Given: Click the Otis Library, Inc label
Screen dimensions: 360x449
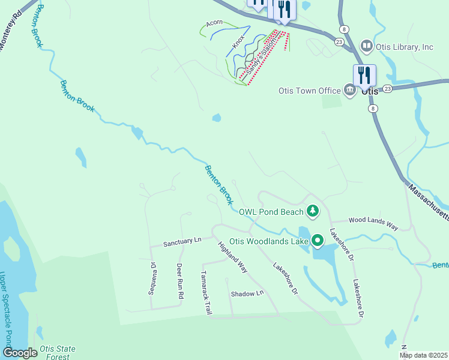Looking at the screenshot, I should click(x=405, y=46).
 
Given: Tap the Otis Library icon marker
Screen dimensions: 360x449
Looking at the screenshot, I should click(x=366, y=46).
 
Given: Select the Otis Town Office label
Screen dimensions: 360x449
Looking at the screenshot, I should click(x=309, y=91).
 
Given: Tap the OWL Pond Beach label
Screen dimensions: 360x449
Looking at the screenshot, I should click(x=272, y=211).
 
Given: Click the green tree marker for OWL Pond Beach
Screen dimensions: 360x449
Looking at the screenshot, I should click(x=312, y=211).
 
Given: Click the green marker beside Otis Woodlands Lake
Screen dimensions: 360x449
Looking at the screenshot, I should click(x=317, y=241).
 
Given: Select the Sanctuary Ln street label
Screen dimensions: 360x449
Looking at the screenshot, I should click(x=182, y=242).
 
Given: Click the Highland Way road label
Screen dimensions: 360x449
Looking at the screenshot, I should click(x=233, y=257).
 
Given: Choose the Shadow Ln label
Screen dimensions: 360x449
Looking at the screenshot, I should click(x=247, y=293).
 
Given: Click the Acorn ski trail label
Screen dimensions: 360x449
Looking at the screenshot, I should click(x=214, y=23).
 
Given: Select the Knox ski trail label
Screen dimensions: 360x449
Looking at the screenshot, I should click(x=239, y=41).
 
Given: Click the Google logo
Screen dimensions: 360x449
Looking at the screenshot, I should click(x=20, y=353).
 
